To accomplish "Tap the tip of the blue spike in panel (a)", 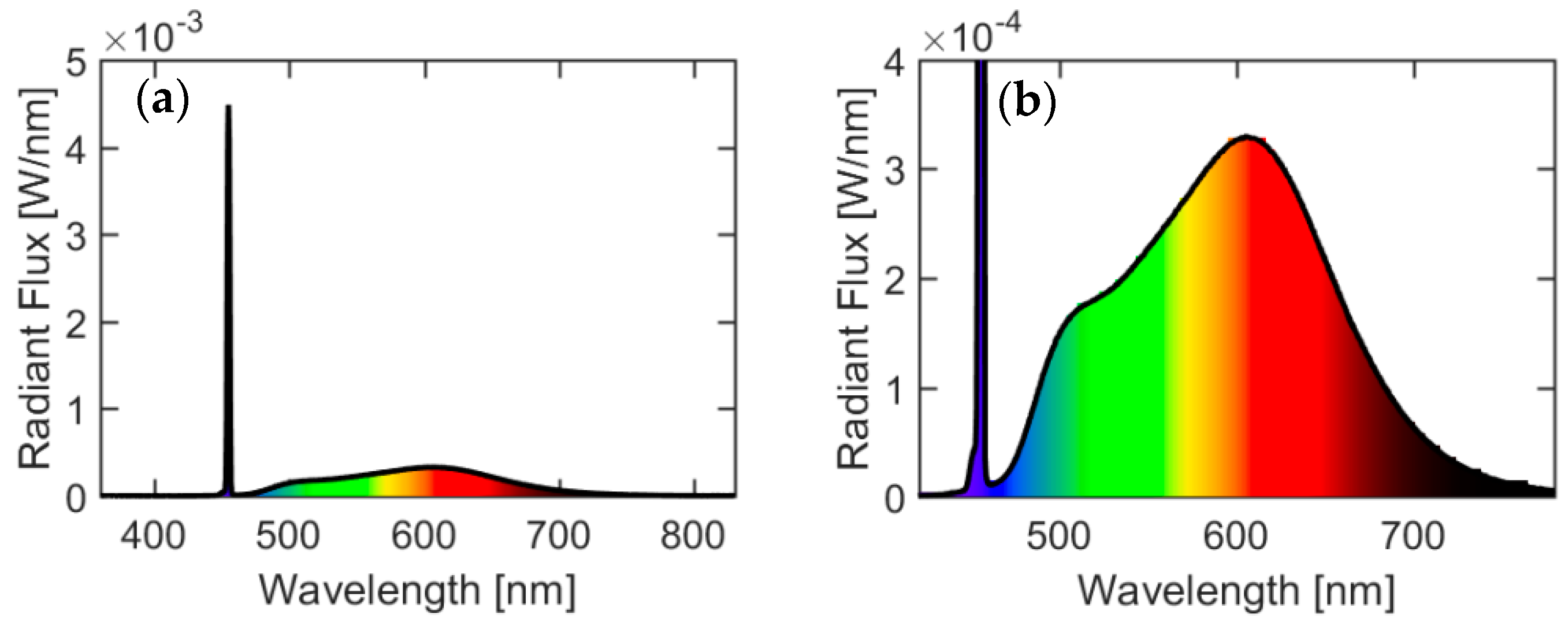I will coord(228,107).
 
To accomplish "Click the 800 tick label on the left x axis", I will coord(693,536).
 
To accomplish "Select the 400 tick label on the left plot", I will coord(153,536).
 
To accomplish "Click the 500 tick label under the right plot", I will coord(1058,536).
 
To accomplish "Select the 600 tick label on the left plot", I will coord(423,536).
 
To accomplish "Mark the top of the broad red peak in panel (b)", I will coord(1247,137).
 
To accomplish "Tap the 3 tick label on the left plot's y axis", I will coord(77,235).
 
